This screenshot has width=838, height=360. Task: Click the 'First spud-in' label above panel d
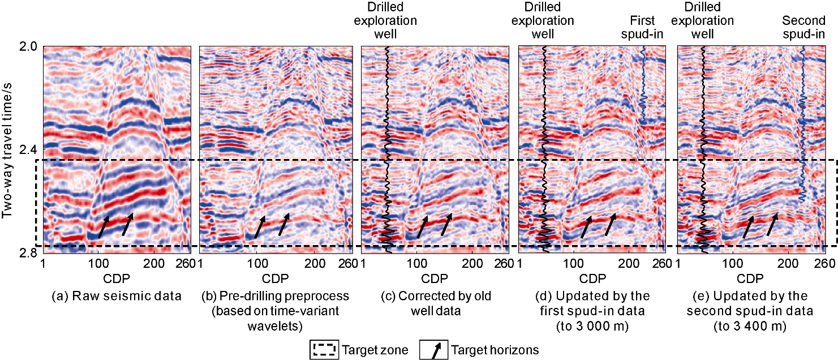tap(642, 28)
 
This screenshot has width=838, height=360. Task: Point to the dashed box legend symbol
tap(324, 350)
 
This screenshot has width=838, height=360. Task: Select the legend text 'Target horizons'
tap(495, 350)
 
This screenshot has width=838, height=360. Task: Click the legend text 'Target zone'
tap(375, 350)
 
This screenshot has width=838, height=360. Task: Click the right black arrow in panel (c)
tap(446, 225)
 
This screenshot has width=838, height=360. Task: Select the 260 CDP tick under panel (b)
tap(346, 263)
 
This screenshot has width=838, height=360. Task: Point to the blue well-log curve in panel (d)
tap(643, 85)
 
